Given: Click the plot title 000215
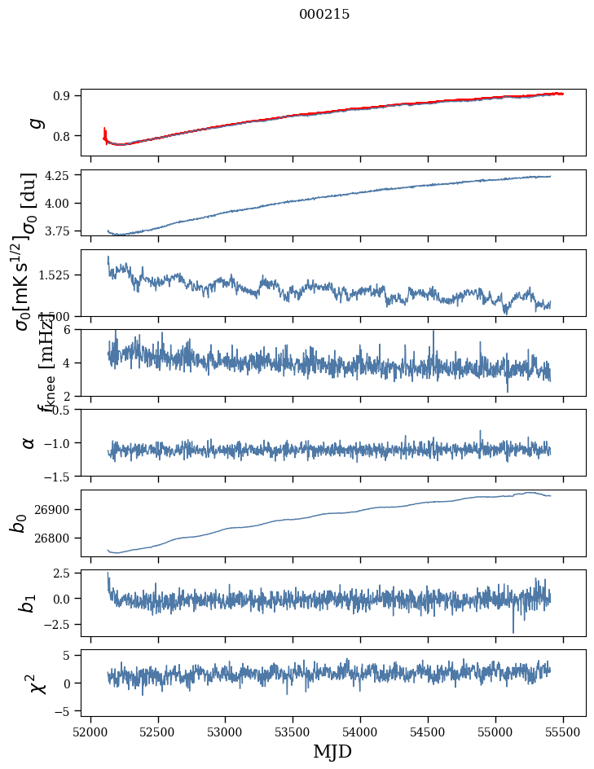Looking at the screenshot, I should (324, 14).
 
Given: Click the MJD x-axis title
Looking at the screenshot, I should (332, 751).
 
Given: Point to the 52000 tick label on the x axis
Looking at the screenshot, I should (90, 732).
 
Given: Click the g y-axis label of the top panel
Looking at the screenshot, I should (34, 122).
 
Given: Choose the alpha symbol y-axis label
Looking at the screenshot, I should (29, 442).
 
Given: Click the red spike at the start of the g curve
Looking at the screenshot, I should (105, 132).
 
